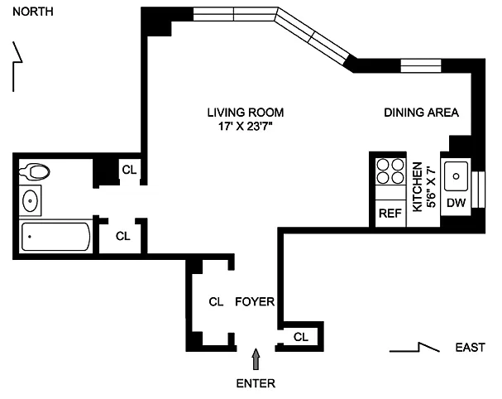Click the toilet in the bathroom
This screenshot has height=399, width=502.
pyautogui.click(x=34, y=171)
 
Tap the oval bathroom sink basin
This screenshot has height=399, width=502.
pyautogui.click(x=30, y=200)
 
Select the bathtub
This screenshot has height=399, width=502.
pyautogui.click(x=56, y=237)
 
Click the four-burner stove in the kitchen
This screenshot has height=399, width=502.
pyautogui.click(x=390, y=171)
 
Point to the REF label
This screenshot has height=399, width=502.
pyautogui.click(x=390, y=213)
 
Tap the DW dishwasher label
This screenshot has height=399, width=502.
pyautogui.click(x=456, y=203)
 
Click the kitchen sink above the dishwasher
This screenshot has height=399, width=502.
pyautogui.click(x=456, y=176)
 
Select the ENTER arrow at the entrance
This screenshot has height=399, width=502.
pyautogui.click(x=256, y=359)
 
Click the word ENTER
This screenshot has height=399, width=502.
pyautogui.click(x=256, y=383)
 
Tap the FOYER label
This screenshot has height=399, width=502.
pyautogui.click(x=255, y=301)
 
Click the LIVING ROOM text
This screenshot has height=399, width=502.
pyautogui.click(x=246, y=113)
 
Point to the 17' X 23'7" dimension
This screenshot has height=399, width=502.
pyautogui.click(x=246, y=127)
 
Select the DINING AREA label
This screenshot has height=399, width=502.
pyautogui.click(x=421, y=113)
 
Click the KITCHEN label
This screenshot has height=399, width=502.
pyautogui.click(x=417, y=187)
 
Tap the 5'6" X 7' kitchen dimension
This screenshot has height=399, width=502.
pyautogui.click(x=431, y=187)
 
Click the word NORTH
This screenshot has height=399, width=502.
pyautogui.click(x=32, y=12)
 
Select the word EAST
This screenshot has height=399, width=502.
pyautogui.click(x=471, y=348)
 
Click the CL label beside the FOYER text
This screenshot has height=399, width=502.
pyautogui.click(x=216, y=301)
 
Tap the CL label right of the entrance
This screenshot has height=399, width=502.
pyautogui.click(x=301, y=337)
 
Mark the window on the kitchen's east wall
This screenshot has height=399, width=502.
pyautogui.click(x=478, y=190)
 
